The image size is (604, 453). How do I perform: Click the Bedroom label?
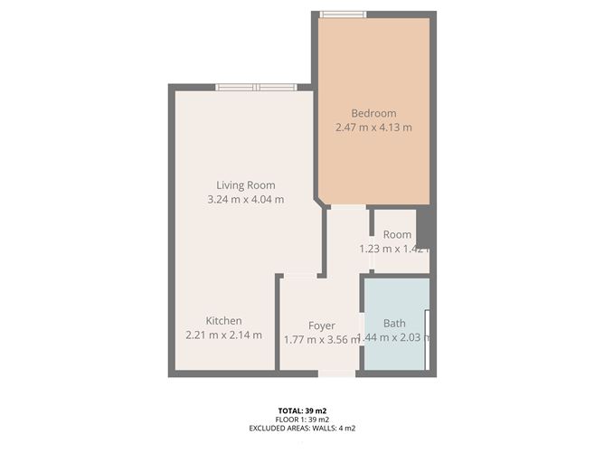(373, 113)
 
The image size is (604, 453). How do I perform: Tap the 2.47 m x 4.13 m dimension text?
(373, 127)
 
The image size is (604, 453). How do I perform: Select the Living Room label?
(246, 185)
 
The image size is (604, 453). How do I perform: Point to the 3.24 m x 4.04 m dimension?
(246, 199)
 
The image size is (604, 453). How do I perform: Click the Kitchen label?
(224, 320)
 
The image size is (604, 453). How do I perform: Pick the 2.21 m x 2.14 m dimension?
(224, 335)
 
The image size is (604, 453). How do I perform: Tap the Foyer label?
(322, 326)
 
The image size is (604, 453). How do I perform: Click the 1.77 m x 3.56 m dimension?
(322, 340)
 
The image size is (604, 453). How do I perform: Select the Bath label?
(394, 323)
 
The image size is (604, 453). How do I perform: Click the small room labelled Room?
(397, 234)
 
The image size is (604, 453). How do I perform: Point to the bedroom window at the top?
(344, 14)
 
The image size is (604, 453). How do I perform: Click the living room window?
(256, 87)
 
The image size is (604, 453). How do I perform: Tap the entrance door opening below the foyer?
(336, 373)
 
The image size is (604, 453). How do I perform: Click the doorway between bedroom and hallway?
(348, 207)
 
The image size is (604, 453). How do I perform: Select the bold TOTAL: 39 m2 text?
(302, 411)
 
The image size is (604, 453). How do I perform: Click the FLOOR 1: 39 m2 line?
(302, 420)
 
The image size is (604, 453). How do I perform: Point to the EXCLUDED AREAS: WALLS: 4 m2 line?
(302, 428)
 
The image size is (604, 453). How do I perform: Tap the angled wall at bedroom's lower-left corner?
(321, 202)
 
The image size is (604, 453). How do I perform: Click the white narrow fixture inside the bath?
(427, 339)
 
